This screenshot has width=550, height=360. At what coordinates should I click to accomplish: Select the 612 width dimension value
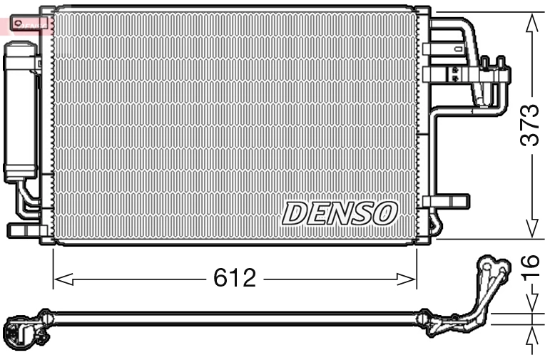coord(234,278)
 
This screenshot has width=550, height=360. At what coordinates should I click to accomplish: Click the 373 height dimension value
coord(529,125)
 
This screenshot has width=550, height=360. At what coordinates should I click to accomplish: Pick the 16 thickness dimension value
coord(529,272)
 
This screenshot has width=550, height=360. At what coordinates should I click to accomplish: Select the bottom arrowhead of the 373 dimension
coord(531,229)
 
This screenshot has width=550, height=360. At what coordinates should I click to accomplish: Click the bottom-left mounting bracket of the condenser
coord(25,231)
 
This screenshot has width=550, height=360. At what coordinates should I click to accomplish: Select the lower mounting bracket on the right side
coord(448,202)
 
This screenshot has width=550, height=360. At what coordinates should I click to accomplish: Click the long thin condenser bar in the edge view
coord(235,319)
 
